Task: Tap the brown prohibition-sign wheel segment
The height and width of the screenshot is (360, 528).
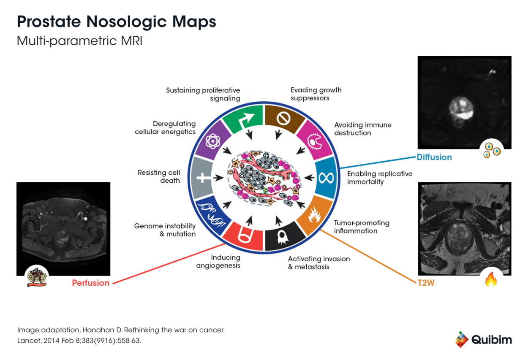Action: [x=282, y=119]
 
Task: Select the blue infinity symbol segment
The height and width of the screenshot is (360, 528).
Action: [x=325, y=178]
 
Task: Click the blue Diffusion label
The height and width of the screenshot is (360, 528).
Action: [x=434, y=157]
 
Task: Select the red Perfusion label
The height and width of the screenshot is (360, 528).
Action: [x=90, y=283]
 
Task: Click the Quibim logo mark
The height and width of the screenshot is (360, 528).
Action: [x=462, y=339]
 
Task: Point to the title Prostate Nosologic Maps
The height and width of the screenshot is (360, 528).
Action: [x=116, y=22]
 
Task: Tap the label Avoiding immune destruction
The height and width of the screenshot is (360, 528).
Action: [x=362, y=129]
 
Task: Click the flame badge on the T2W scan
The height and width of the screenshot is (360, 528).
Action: [x=490, y=280]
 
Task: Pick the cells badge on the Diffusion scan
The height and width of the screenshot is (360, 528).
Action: [x=492, y=150]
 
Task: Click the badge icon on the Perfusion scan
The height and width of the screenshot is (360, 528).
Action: [x=37, y=277]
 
